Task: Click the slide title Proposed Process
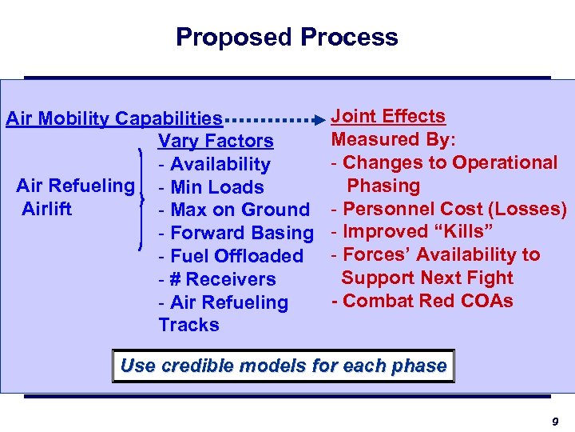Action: (287, 37)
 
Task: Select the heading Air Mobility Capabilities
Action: (114, 119)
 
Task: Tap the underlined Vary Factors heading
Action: (216, 142)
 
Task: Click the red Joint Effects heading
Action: (388, 117)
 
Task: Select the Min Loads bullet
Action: (211, 187)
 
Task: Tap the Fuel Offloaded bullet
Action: (231, 256)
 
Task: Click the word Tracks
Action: (188, 325)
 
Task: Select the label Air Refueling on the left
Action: (75, 186)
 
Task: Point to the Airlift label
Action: (46, 209)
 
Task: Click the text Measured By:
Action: (394, 139)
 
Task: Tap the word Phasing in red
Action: (383, 186)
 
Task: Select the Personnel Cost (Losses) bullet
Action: (449, 209)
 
